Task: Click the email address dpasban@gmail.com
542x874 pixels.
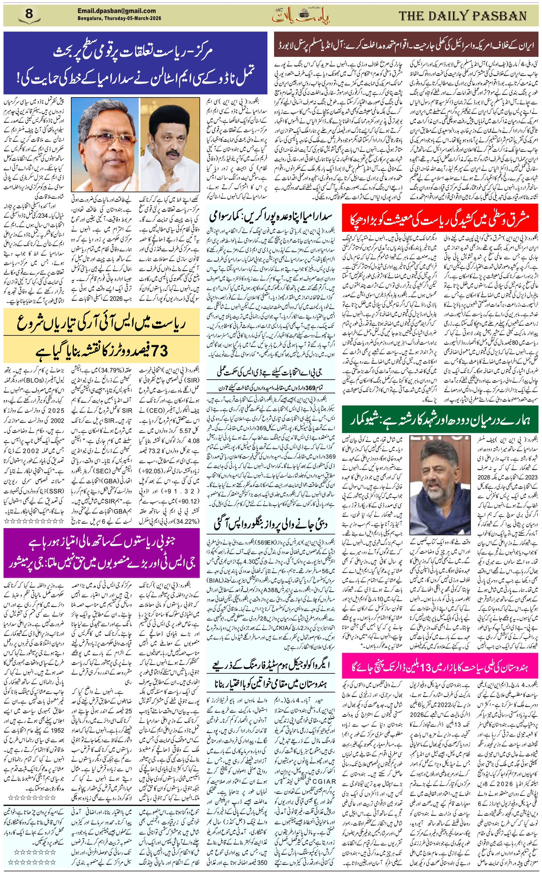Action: [117, 11]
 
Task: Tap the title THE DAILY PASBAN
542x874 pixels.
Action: [463, 16]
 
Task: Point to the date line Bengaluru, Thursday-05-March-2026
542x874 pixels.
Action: [119, 18]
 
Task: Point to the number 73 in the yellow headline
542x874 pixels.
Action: [158, 351]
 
